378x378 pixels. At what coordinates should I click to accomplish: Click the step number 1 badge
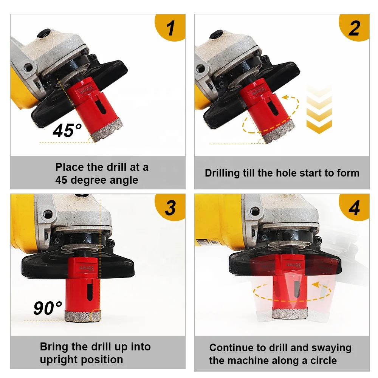coord(171,28)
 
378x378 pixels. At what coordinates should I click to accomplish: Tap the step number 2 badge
coord(354,28)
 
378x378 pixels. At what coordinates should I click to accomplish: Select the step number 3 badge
coord(170,208)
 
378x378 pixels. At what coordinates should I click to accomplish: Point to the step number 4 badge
coord(354,208)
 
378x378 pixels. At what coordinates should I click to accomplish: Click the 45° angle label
coord(67,131)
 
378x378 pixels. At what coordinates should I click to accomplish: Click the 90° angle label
coord(48,308)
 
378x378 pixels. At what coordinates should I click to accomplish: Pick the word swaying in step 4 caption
coord(331,348)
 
